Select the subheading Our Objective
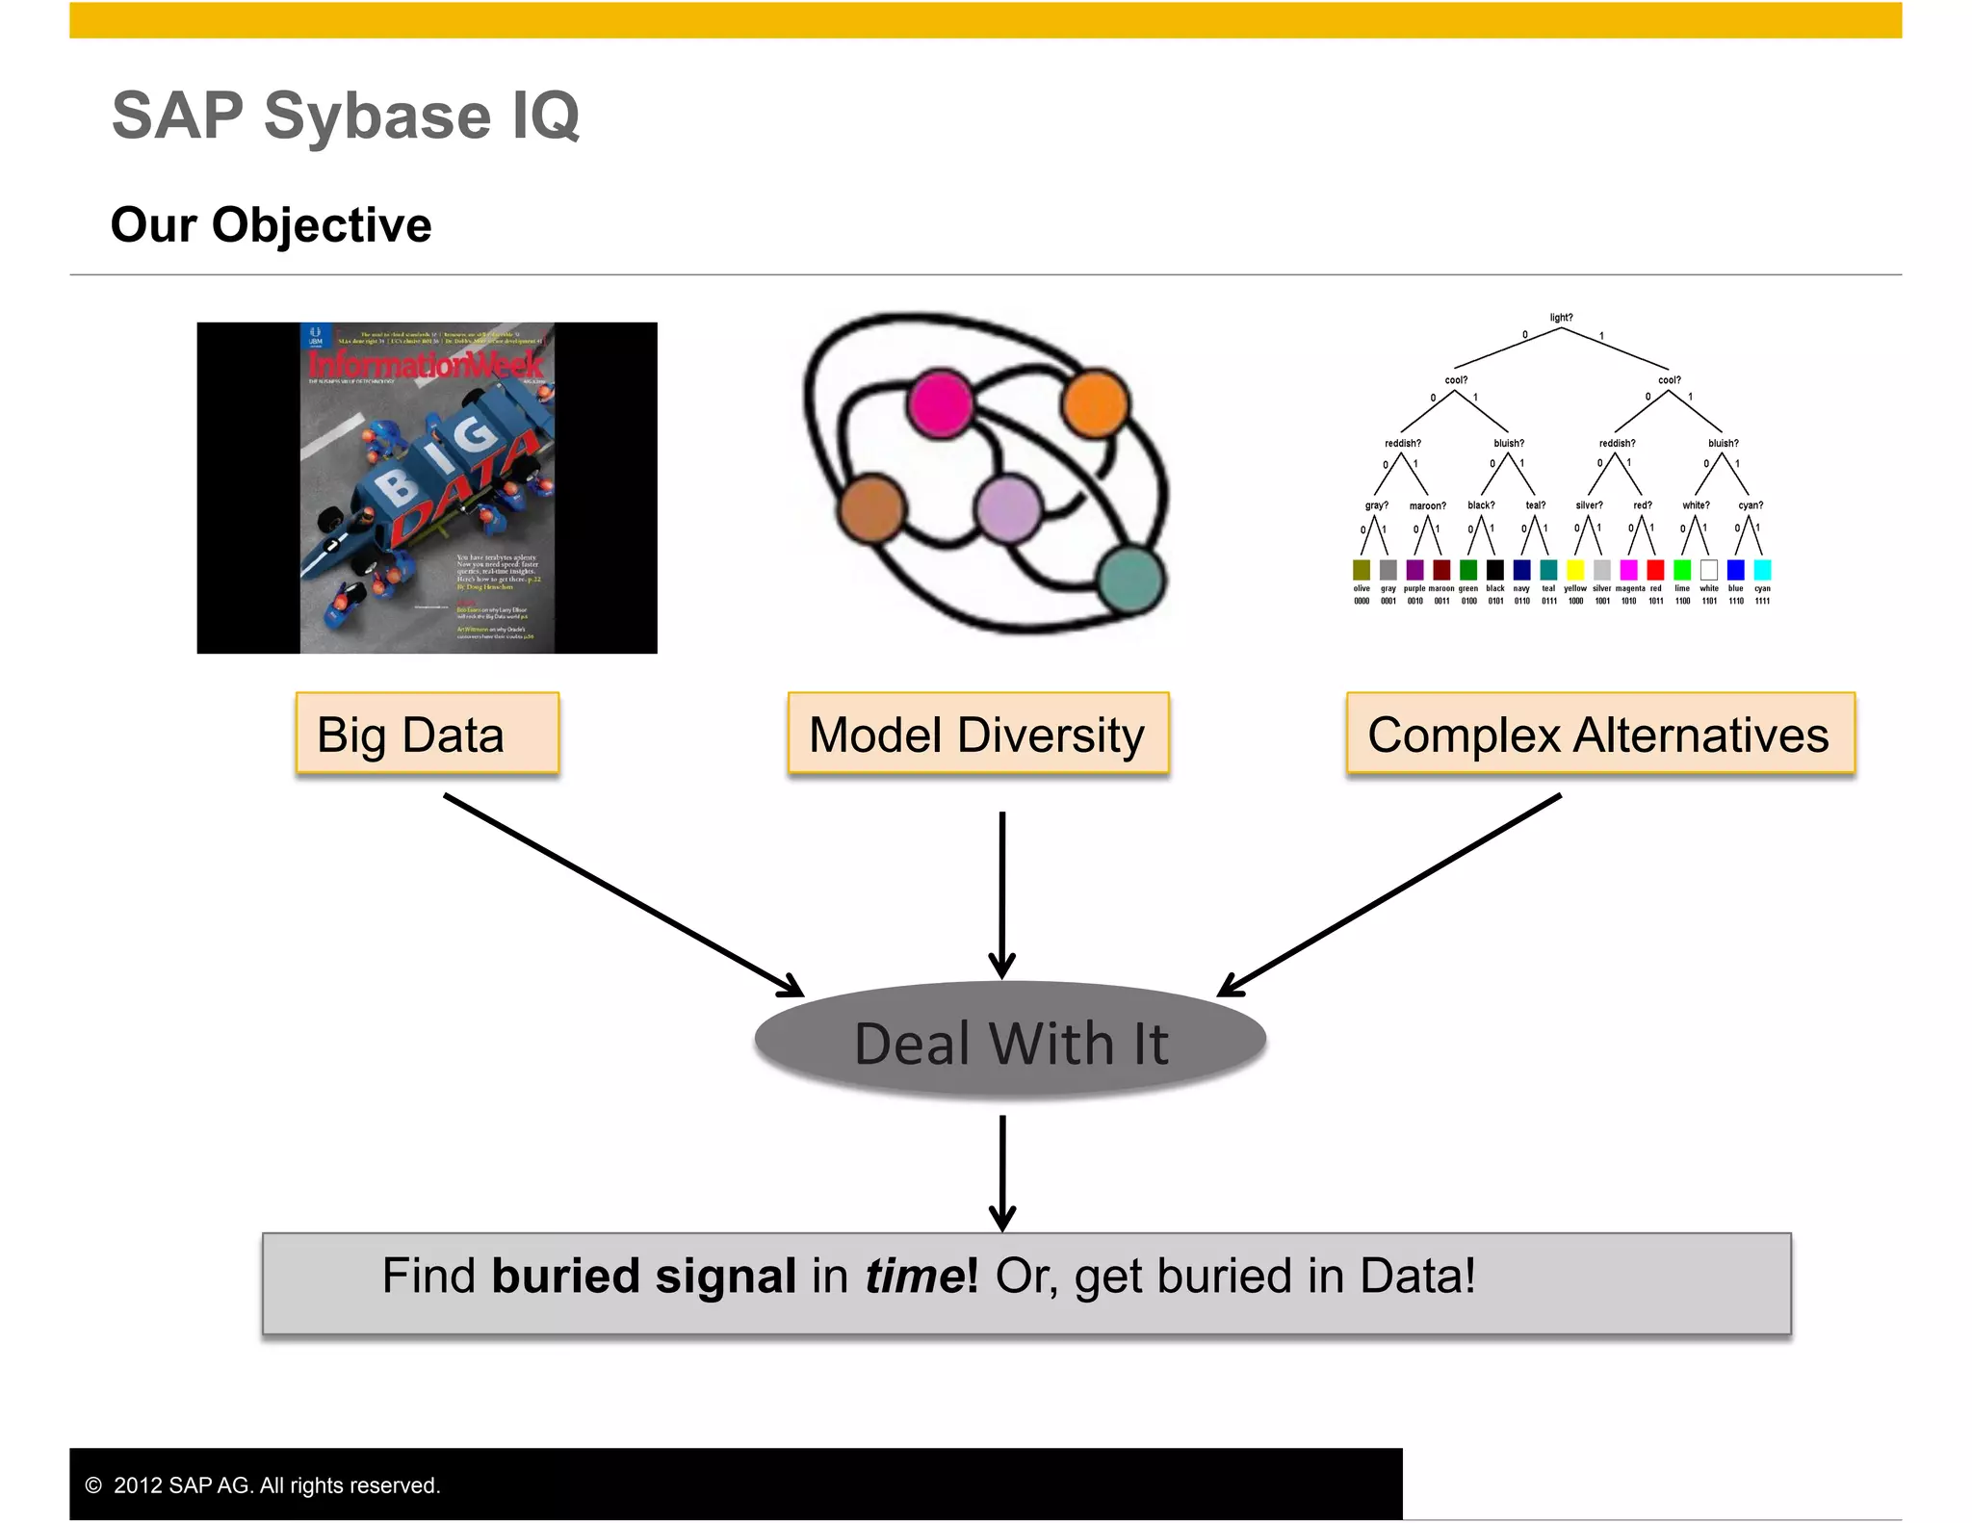pos(271,225)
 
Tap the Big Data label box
pos(427,735)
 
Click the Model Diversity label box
pos(977,735)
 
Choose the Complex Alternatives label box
pos(1599,735)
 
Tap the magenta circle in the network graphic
pos(939,404)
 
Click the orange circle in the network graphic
pos(1094,402)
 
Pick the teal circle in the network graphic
pos(1130,580)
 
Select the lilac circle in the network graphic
pos(1007,507)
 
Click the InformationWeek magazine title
pos(426,365)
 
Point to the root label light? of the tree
pos(1561,318)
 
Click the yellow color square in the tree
pos(1575,570)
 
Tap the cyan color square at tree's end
pos(1762,570)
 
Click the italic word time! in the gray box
pos(921,1277)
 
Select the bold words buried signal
pos(643,1277)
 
